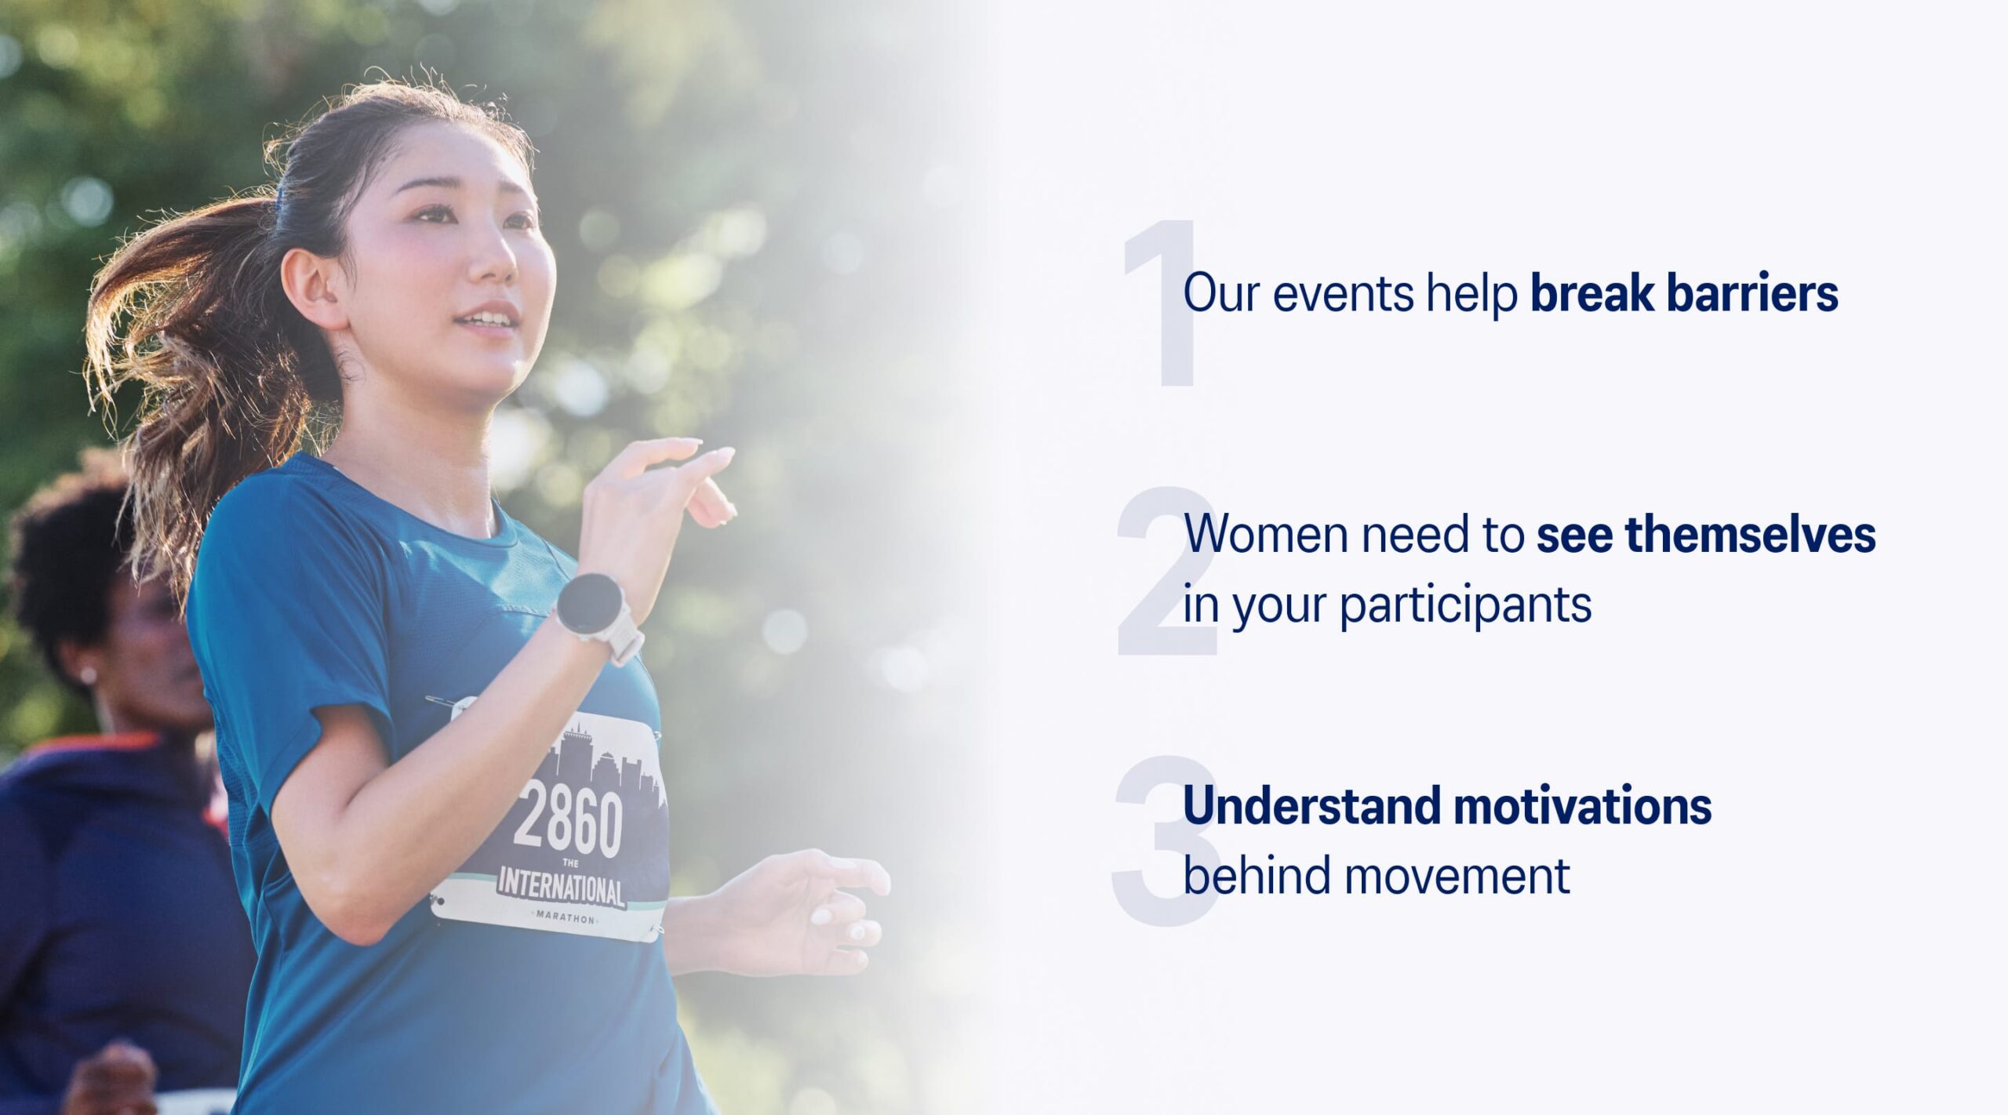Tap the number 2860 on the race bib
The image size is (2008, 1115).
click(x=569, y=821)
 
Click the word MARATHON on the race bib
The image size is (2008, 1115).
click(x=565, y=917)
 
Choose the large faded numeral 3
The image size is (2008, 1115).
click(x=1166, y=841)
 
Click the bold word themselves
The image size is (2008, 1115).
click(x=1750, y=534)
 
